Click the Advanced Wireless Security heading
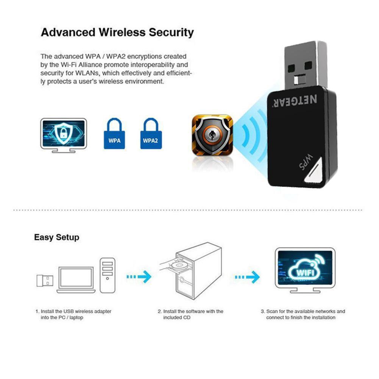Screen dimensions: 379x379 [117, 32]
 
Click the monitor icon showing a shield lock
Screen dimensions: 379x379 [63, 133]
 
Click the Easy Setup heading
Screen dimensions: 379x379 [57, 237]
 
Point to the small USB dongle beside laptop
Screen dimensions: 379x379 [45, 281]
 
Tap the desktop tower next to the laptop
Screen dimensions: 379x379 [108, 275]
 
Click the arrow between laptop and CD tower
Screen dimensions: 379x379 [139, 277]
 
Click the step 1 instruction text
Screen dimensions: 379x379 [73, 314]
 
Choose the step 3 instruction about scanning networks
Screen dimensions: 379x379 [303, 314]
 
